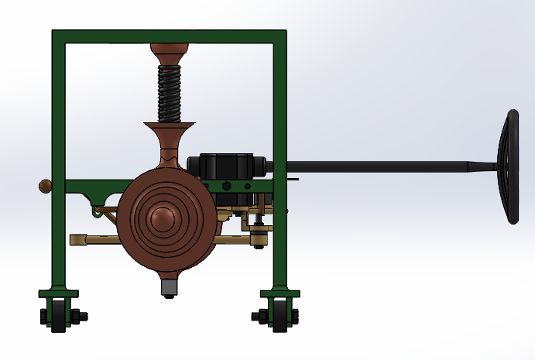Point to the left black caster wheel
coord(59,317)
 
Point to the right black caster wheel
coord(280,317)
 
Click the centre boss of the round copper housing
coord(164,220)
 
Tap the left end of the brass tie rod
coord(76,239)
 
